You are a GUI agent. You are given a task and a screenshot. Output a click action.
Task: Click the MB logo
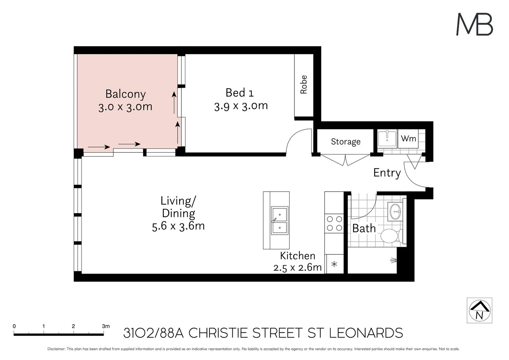[474, 24]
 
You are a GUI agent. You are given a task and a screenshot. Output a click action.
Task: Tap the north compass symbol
[479, 310]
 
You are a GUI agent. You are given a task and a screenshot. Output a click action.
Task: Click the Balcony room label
[126, 94]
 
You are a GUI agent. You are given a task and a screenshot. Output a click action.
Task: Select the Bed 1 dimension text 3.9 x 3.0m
[241, 106]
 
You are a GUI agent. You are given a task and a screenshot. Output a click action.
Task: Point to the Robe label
[303, 85]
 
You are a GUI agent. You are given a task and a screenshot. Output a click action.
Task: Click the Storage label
[346, 142]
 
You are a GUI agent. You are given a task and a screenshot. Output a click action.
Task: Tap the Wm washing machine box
[408, 139]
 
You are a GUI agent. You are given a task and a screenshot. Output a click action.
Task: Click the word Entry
[387, 173]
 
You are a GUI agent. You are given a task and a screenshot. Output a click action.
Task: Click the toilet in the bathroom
[392, 236]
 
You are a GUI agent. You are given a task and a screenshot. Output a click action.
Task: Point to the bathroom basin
[395, 211]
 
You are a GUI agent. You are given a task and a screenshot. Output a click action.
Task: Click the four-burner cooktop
[334, 224]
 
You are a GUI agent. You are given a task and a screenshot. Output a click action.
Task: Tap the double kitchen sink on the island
[280, 221]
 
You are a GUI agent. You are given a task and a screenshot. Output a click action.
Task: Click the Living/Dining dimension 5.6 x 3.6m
[178, 226]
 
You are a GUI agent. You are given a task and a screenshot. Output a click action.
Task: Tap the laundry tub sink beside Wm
[387, 139]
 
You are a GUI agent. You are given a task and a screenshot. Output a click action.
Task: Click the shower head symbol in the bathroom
[394, 260]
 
